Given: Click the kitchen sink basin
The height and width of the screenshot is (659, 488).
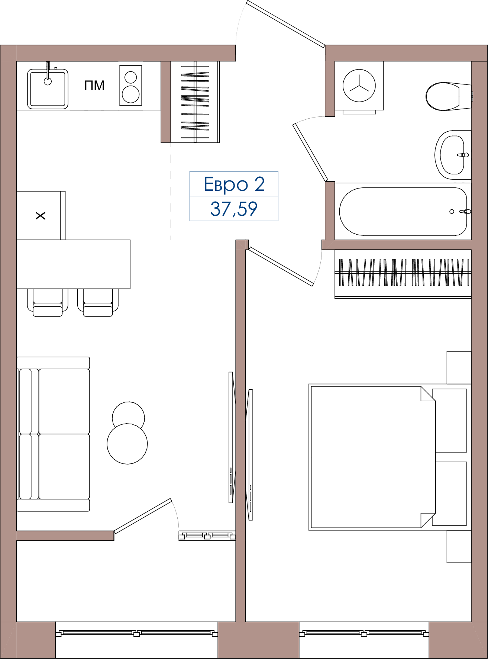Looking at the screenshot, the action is coord(48,89).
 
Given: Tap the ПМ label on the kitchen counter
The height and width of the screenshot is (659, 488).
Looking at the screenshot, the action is coord(94,86).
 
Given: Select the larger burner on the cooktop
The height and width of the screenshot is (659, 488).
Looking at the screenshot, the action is coord(130,94).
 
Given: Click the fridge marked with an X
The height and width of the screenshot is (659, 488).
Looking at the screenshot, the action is coord(41,215).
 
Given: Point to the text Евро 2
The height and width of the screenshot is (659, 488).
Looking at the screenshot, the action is coord(234,184).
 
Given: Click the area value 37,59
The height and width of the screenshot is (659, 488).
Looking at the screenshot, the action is coord(234,209).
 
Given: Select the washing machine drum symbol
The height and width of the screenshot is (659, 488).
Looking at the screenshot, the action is coord(359,86).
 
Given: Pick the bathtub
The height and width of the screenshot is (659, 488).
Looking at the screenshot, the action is coord(403,211).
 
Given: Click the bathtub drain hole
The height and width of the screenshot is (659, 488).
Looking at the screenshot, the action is coord(452,212).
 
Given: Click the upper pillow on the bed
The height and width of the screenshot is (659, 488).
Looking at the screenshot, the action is coord(449,421).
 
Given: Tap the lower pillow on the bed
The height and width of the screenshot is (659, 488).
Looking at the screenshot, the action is coord(449,494).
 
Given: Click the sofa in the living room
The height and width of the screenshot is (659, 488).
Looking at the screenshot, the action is coord(53,434).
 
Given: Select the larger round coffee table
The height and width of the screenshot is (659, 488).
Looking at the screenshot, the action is coord(127,444).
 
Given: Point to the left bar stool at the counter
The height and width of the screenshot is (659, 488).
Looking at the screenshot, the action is coord(48,303).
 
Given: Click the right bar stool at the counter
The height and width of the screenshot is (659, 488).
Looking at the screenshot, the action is coord(98,303).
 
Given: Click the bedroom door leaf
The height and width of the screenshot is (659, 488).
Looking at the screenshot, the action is coord(281,267).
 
